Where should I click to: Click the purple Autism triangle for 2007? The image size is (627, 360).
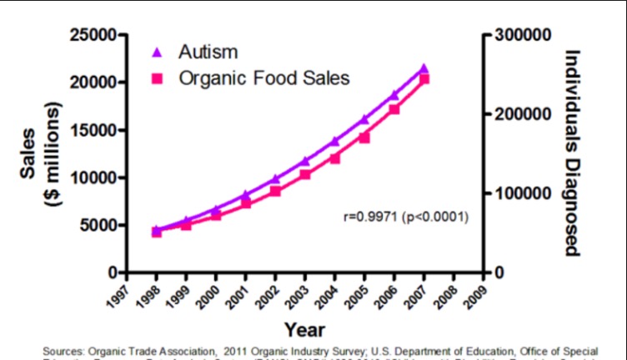424,68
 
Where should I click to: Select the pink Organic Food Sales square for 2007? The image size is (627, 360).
424,79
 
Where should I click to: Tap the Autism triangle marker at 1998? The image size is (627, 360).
156,229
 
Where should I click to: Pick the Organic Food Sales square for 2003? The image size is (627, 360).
305,175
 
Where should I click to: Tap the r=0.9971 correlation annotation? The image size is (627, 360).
405,217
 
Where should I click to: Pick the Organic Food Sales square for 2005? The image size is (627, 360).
364,137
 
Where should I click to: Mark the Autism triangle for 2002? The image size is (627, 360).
275,179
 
